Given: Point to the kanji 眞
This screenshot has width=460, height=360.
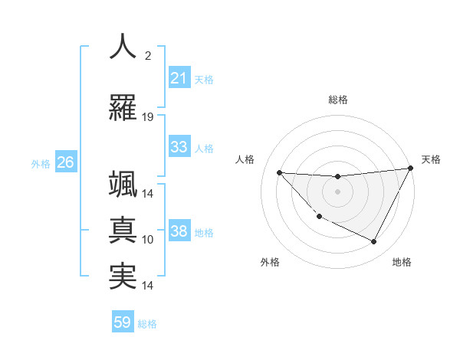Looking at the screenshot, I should tap(123, 229).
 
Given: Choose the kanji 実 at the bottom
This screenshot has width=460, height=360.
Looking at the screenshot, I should tap(123, 276).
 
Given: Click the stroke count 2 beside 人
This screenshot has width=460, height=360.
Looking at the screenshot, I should tap(147, 56).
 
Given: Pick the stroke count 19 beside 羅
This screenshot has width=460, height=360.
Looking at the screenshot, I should tap(148, 116).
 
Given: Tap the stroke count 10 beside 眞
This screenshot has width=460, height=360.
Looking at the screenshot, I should tap(148, 240).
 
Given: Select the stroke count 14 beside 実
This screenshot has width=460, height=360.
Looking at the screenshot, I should tap(148, 286).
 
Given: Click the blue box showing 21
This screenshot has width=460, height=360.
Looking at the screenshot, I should tap(179, 78).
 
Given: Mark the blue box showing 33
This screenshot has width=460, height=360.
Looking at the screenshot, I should tap(179, 147).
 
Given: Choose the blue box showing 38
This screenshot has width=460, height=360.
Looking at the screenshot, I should tap(179, 232).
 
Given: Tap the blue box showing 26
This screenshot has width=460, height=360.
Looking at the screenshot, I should tap(65, 162).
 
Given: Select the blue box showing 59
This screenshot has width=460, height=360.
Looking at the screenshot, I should tap(123, 322).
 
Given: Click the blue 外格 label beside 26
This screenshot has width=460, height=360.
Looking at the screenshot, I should tap(41, 163).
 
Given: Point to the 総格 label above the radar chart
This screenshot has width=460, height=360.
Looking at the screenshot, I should tap(337, 100).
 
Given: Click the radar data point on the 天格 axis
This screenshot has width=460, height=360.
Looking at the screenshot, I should tap(411, 169).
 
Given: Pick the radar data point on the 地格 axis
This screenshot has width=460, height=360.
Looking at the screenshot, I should tap(374, 242).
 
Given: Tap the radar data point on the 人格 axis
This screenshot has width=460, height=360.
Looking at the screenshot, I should tap(279, 172).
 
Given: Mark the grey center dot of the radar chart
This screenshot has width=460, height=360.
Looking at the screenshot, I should tap(337, 191).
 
